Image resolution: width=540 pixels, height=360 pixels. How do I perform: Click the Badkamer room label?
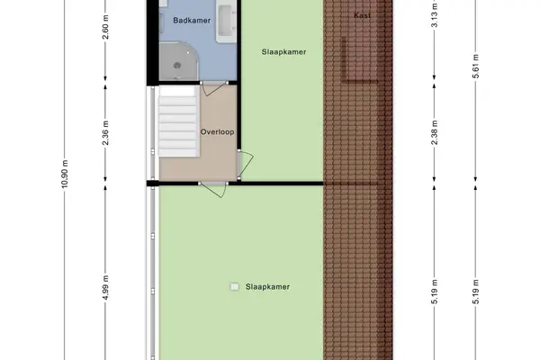click(x=192, y=21)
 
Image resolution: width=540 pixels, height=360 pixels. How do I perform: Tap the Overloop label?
click(x=217, y=132)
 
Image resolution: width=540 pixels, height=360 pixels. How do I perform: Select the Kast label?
click(x=363, y=15)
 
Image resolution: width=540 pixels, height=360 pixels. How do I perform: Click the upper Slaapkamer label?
click(x=283, y=52)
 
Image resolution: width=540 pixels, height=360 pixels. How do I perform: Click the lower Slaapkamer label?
click(x=267, y=286)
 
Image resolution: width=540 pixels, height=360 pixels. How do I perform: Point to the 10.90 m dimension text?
click(x=65, y=174)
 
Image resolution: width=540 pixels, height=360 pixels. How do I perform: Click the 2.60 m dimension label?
click(x=105, y=27)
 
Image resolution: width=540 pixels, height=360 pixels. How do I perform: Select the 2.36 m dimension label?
click(x=105, y=132)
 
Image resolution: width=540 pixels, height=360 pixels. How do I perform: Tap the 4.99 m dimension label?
click(x=105, y=287)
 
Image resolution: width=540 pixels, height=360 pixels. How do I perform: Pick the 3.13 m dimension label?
click(x=435, y=14)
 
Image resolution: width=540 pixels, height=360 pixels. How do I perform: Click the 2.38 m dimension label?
click(x=435, y=132)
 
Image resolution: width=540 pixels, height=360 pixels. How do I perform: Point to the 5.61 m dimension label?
click(x=475, y=66)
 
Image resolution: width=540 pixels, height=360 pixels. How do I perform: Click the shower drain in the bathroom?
click(x=177, y=65)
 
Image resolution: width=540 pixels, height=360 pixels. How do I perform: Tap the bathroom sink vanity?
click(x=226, y=22)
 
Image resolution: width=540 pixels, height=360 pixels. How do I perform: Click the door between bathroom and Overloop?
click(x=214, y=88)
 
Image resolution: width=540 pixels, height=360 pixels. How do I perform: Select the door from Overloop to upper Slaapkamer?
click(x=245, y=165)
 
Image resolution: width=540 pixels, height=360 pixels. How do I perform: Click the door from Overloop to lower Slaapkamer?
click(x=213, y=190)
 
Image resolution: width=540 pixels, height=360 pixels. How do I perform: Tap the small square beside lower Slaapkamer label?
click(x=235, y=286)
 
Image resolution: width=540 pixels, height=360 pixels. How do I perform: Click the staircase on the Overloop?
click(x=178, y=121)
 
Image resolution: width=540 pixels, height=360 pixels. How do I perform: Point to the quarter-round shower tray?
click(x=179, y=61)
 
